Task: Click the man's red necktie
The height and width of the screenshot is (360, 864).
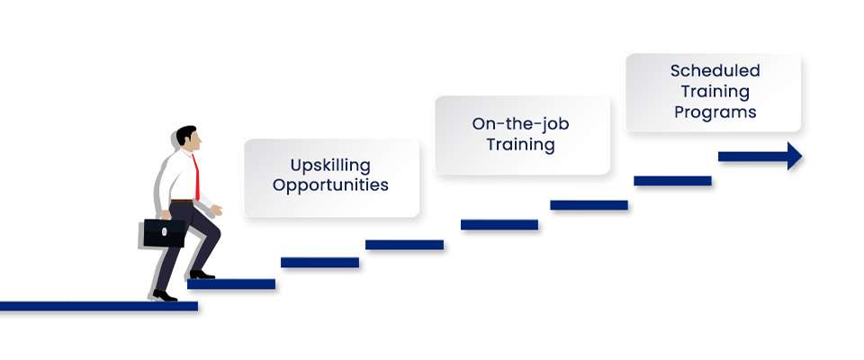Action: (196, 177)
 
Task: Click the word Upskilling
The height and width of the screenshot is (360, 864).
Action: (330, 166)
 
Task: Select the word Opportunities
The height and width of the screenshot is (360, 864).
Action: (330, 185)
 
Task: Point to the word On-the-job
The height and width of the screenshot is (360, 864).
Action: (520, 124)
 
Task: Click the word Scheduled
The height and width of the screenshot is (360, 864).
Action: (715, 70)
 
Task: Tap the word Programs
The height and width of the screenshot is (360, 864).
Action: (715, 113)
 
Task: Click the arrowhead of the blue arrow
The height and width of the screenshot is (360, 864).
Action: (795, 157)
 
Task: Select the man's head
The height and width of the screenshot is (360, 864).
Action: (188, 139)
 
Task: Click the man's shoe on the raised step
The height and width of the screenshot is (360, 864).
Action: (202, 274)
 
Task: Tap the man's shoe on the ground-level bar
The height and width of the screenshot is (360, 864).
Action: (165, 296)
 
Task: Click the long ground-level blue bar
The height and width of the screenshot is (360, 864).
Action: (99, 307)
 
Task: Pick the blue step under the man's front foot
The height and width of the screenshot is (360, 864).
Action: (231, 284)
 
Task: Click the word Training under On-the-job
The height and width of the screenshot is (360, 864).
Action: (520, 145)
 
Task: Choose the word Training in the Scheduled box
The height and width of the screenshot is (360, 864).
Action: (715, 92)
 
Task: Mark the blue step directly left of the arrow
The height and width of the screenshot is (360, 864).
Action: (672, 181)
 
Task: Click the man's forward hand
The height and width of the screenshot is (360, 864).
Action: (217, 210)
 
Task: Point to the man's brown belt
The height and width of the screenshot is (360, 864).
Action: (182, 201)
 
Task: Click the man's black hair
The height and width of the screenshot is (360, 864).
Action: (185, 134)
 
